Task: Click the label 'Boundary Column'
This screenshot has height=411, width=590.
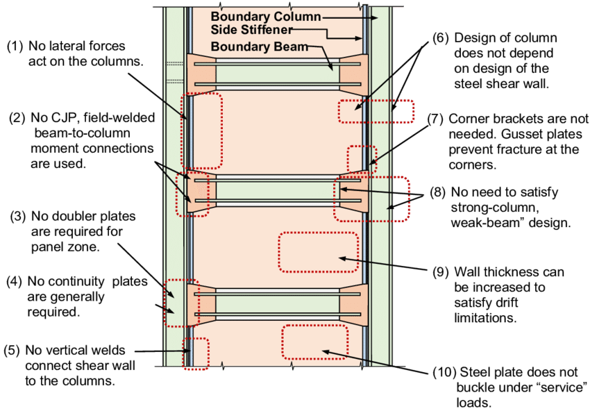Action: pos(266,16)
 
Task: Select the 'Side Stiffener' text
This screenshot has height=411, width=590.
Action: pos(252,31)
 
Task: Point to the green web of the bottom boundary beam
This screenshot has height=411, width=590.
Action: pos(278,305)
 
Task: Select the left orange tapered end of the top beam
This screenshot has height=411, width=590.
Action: pos(201,74)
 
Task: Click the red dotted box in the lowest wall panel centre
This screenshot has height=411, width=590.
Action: pos(314,342)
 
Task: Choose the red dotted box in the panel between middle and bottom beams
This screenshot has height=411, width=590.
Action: pos(318,251)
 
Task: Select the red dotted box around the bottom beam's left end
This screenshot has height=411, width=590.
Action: pos(180,303)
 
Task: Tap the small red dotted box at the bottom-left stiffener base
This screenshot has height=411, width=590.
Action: pos(196,353)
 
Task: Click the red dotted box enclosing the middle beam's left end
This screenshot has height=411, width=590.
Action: pos(192,194)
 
